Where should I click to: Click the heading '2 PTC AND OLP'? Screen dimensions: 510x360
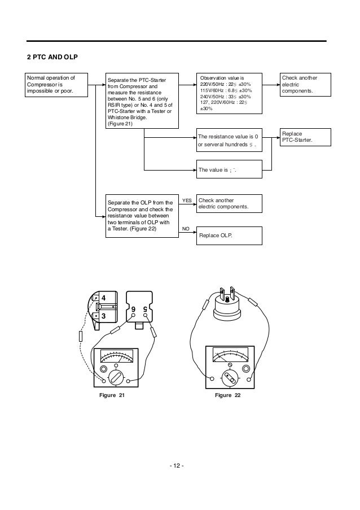[52, 58]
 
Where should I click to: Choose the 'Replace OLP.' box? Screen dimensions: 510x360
[229, 235]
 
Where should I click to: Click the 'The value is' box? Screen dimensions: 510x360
[229, 169]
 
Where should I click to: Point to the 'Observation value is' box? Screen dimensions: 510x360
[229, 93]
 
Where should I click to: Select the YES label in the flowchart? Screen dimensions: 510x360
[187, 200]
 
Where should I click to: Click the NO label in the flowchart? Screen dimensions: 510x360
[186, 229]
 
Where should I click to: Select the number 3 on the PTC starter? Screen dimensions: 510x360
[103, 316]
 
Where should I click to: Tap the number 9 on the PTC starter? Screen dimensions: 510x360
[133, 310]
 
